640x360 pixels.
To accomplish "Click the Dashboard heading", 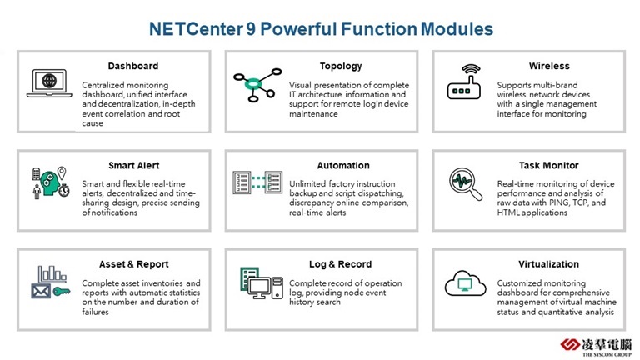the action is click(x=133, y=66).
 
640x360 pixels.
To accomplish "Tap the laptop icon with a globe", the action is click(x=49, y=83).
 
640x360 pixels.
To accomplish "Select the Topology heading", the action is click(x=341, y=67).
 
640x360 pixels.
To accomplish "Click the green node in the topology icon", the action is click(x=253, y=84).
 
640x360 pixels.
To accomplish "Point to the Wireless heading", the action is click(x=549, y=66).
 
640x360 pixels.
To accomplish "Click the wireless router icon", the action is click(x=464, y=82).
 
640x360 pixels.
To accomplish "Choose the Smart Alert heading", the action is click(x=134, y=165).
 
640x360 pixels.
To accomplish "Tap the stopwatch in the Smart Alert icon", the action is click(x=64, y=190).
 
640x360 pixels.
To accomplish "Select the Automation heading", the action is click(x=343, y=165).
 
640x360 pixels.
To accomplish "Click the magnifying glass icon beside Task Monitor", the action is click(x=465, y=183).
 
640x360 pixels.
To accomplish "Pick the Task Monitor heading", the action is click(x=548, y=165).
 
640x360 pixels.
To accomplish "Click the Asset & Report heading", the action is click(x=134, y=264).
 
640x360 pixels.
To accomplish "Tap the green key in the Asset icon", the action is click(x=62, y=292).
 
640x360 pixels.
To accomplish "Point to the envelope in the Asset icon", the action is click(x=41, y=292).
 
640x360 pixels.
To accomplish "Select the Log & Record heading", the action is click(x=340, y=264).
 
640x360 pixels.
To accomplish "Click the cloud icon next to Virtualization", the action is click(x=465, y=282).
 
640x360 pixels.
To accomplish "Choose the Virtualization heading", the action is click(x=548, y=264).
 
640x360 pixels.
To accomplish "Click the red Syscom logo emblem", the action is click(x=569, y=345).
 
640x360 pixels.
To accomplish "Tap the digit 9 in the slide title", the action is click(x=251, y=29).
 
